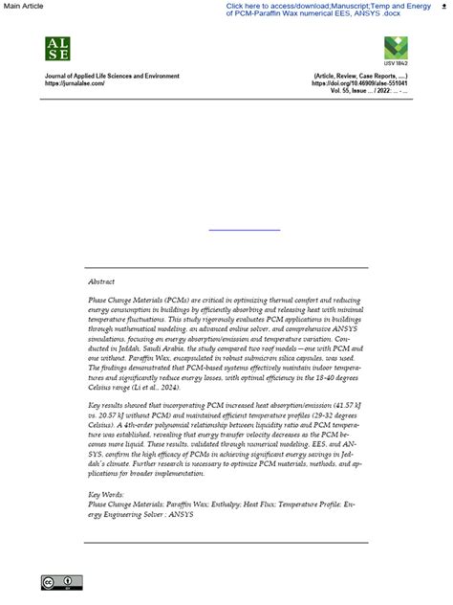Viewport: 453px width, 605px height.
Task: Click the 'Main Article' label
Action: pyautogui.click(x=23, y=6)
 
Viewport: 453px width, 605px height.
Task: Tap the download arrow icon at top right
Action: pyautogui.click(x=443, y=6)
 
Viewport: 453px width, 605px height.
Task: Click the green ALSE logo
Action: pyautogui.click(x=57, y=49)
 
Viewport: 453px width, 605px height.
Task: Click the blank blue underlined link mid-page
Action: pyautogui.click(x=245, y=230)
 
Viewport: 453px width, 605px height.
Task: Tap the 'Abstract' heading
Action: pyautogui.click(x=101, y=282)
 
